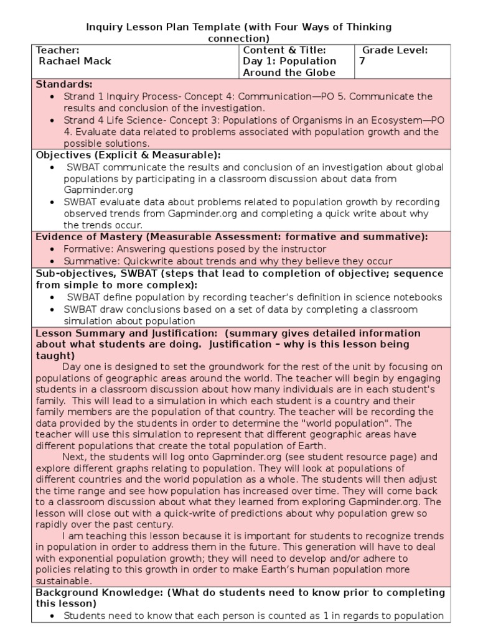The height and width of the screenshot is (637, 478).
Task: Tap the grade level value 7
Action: click(x=363, y=61)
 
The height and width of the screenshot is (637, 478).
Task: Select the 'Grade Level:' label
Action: click(x=395, y=50)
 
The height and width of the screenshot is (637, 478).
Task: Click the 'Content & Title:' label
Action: click(x=284, y=50)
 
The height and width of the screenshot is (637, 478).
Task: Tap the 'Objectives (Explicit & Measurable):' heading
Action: click(x=128, y=155)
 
